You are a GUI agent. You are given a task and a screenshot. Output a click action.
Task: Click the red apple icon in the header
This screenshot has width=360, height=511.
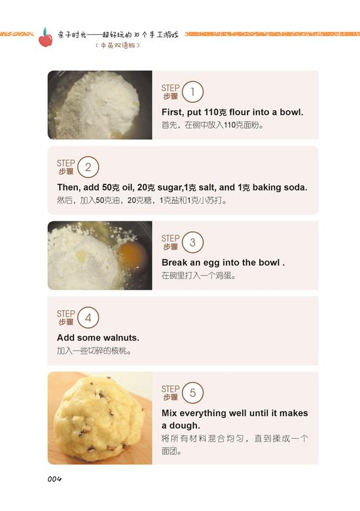pos(45,37)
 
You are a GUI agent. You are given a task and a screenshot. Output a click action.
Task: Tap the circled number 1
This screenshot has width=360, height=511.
pos(192,92)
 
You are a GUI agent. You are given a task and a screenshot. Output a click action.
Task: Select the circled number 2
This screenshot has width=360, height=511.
pos(88,167)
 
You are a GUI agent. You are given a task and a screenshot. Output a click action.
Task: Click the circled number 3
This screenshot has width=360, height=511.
pos(192,242)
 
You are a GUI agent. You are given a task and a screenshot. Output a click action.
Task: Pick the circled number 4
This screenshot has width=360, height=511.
pos(88,318)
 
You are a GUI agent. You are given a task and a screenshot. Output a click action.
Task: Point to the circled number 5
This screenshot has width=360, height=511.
pos(192,392)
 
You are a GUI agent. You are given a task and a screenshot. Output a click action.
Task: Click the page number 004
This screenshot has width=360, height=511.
pos(54,479)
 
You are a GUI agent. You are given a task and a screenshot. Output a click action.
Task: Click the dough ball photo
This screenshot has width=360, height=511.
pos(100,418)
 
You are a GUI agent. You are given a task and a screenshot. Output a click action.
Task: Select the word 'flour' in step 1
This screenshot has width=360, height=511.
pos(240,112)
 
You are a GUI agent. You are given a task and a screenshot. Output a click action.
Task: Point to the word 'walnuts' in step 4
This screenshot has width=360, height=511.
pos(121,337)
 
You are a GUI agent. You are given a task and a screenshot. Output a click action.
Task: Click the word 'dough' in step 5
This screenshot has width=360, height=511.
pos(185,426)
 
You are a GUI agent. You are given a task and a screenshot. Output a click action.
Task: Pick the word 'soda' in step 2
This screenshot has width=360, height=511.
pos(296,187)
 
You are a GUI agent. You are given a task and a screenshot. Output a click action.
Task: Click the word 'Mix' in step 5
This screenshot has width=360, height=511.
pos(170,413)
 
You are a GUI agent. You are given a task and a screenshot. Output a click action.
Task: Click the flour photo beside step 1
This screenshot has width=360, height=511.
pos(100,105)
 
